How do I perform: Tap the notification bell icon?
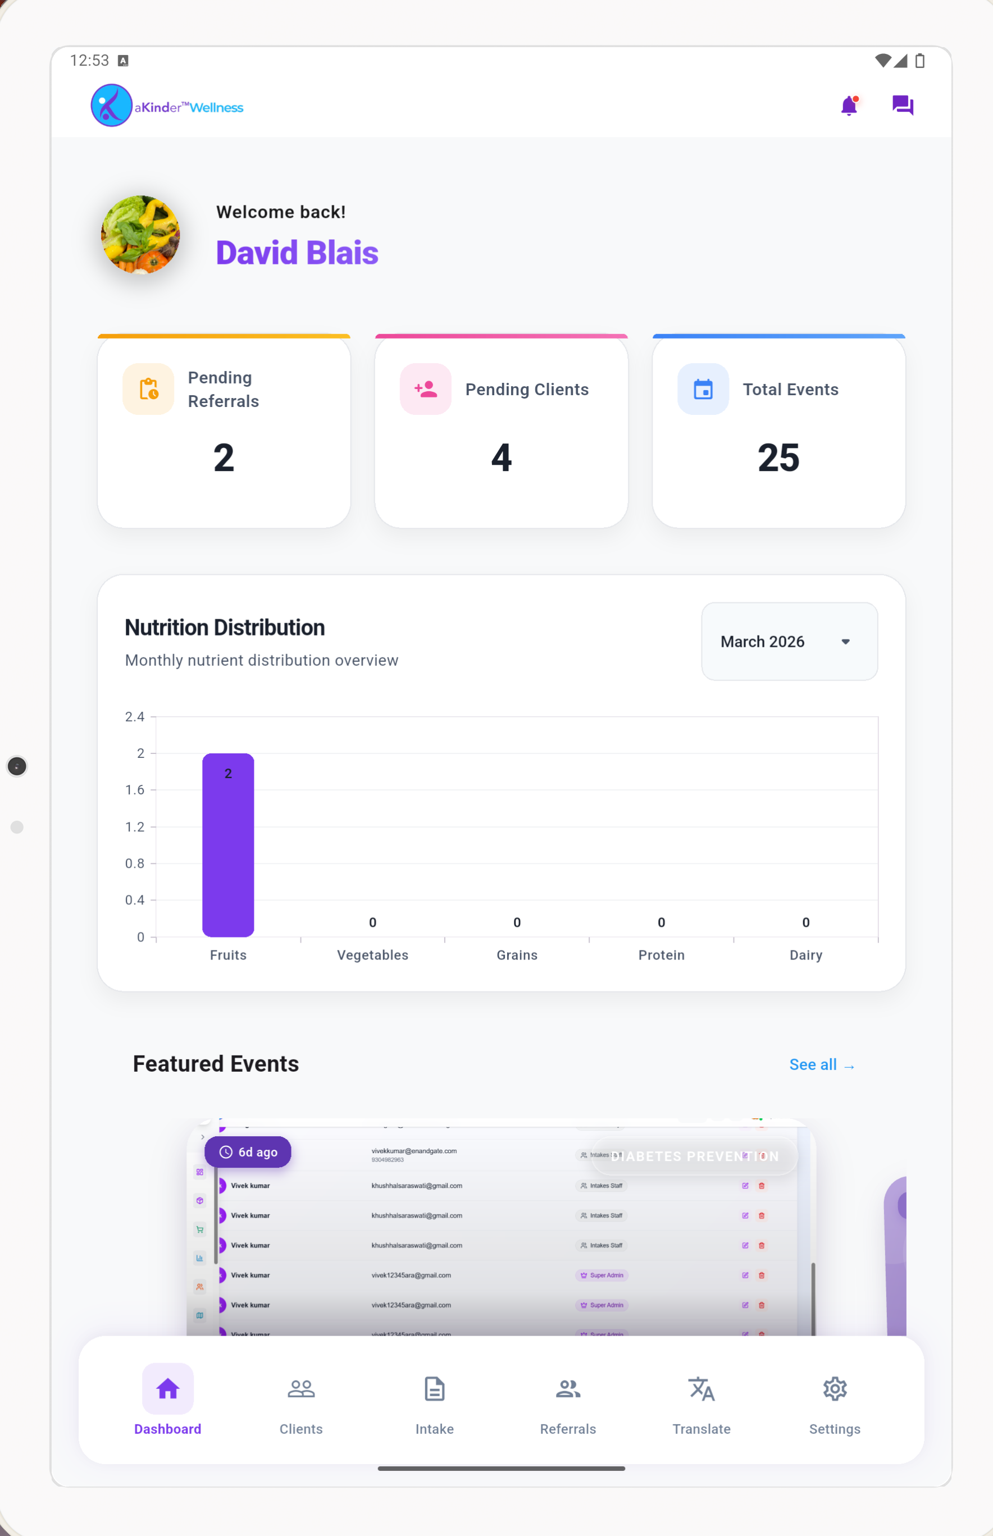[x=849, y=106]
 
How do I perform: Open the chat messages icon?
[x=902, y=105]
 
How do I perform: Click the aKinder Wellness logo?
[x=167, y=106]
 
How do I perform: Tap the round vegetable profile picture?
[x=140, y=235]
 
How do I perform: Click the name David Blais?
[x=297, y=253]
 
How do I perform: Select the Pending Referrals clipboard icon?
[x=148, y=389]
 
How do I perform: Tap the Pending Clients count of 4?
[x=501, y=458]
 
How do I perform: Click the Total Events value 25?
[x=778, y=458]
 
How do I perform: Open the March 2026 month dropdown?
[x=789, y=641]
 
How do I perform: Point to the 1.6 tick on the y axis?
[x=135, y=789]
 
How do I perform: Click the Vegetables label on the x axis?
[x=373, y=954]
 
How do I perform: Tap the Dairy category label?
[x=805, y=954]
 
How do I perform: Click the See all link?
[x=822, y=1065]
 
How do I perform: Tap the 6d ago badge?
[x=248, y=1152]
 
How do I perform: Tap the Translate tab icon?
[x=701, y=1389]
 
